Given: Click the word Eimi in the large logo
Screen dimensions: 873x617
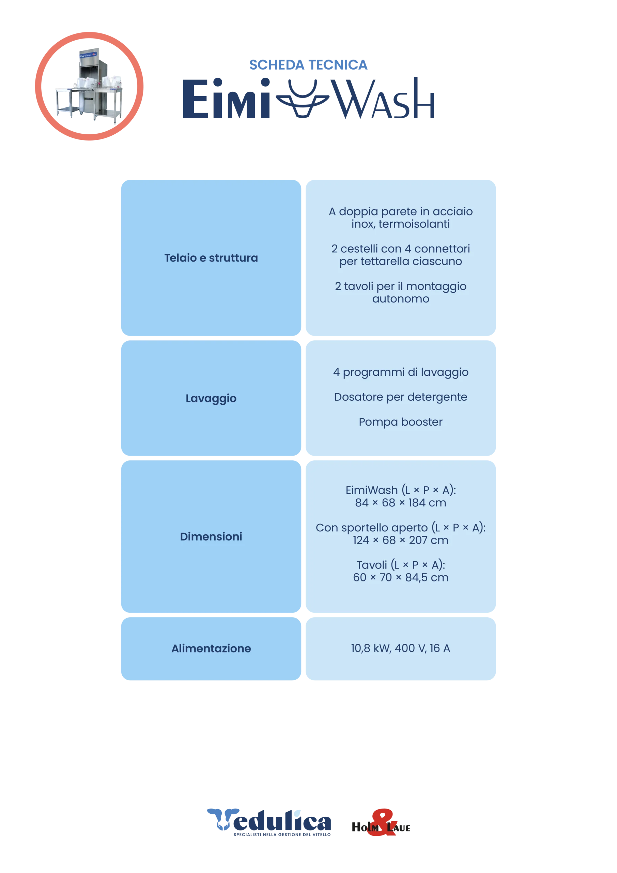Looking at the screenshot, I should click(x=226, y=99).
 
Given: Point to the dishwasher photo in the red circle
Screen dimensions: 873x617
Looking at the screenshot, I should click(x=89, y=86).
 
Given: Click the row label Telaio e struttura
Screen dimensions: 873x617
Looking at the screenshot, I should click(x=211, y=258).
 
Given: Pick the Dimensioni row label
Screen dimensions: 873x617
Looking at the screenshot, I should click(x=211, y=536).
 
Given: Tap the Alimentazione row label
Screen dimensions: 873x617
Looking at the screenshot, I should click(x=211, y=648).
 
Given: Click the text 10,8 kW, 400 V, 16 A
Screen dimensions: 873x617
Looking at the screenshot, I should click(x=400, y=648).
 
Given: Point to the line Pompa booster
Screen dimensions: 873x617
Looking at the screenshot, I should click(x=400, y=422).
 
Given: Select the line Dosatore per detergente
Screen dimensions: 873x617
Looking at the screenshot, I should click(x=400, y=397).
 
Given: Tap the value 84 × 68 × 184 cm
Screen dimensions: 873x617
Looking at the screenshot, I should click(x=400, y=503).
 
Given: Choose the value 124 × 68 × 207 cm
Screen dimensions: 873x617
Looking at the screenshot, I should click(x=400, y=540).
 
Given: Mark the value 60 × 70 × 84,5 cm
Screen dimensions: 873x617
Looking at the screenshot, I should click(x=400, y=577).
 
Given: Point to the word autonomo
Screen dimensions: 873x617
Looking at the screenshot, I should click(x=400, y=299).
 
